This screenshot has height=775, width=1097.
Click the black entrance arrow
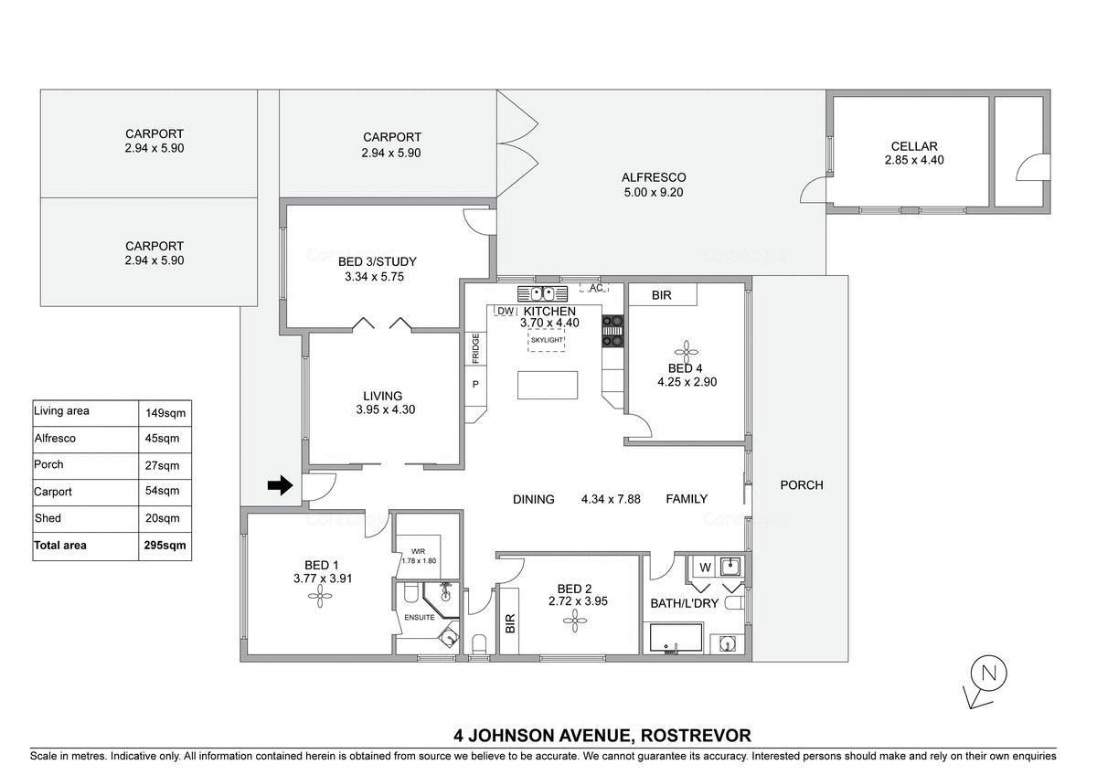[x=280, y=485]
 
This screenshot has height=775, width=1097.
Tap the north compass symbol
[x=985, y=682]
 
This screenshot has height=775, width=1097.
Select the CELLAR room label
[x=914, y=146]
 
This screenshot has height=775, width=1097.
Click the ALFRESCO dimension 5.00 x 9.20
[x=654, y=193]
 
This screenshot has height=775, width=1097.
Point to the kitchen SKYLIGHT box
[x=547, y=340]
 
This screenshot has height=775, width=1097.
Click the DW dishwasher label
[x=506, y=311]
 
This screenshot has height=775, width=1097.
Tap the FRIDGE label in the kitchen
[x=475, y=348]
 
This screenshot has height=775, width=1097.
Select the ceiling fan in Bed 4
[x=687, y=351]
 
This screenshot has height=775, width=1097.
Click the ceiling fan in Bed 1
[x=320, y=596]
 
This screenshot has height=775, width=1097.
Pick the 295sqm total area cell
[x=165, y=545]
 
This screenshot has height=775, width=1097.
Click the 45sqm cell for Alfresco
[x=162, y=438]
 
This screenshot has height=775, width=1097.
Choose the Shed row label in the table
[x=48, y=517]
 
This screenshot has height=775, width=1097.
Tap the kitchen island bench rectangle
[x=548, y=385]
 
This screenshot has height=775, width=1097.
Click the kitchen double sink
[x=543, y=293]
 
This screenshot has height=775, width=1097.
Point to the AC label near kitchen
[x=596, y=288]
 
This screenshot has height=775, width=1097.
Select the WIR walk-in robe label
[x=419, y=551]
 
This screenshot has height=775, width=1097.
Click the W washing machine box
[x=705, y=567]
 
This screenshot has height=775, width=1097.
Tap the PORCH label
[x=802, y=484]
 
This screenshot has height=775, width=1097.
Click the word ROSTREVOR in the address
[x=696, y=735]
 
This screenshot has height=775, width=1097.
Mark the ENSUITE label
[x=420, y=618]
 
